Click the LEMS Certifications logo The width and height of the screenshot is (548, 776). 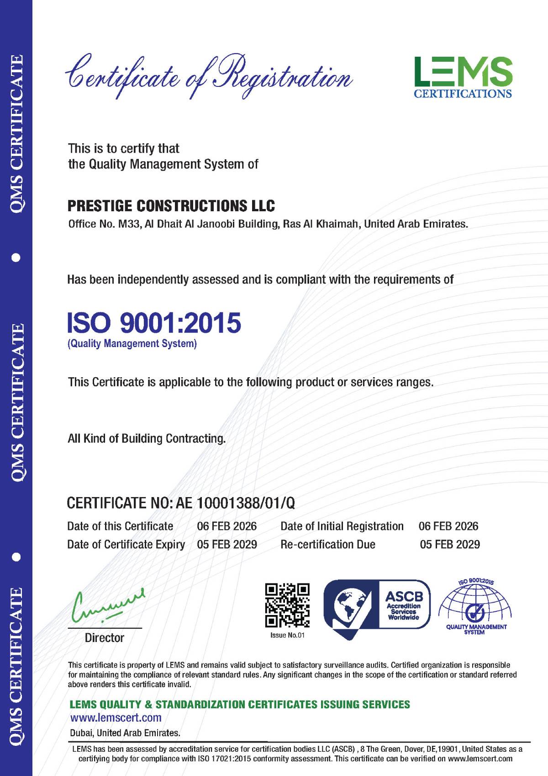tap(463, 77)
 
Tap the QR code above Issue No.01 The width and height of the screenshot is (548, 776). tap(287, 605)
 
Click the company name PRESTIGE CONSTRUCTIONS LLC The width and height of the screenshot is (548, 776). tap(171, 206)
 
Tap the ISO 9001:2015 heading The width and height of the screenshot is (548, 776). tap(154, 322)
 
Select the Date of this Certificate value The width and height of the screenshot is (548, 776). tap(227, 526)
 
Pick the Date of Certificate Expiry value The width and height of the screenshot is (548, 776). tap(227, 545)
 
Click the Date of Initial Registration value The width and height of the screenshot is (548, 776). tap(448, 526)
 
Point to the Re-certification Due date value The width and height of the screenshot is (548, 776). tap(450, 545)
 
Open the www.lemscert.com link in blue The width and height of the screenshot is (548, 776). tap(116, 717)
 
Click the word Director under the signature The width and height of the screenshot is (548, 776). tap(105, 638)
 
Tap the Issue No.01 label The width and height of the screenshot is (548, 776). tap(287, 635)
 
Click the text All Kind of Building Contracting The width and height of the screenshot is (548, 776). tap(147, 439)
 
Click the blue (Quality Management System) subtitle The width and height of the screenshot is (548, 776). tap(132, 343)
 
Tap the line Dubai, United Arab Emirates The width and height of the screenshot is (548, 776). tap(125, 733)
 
